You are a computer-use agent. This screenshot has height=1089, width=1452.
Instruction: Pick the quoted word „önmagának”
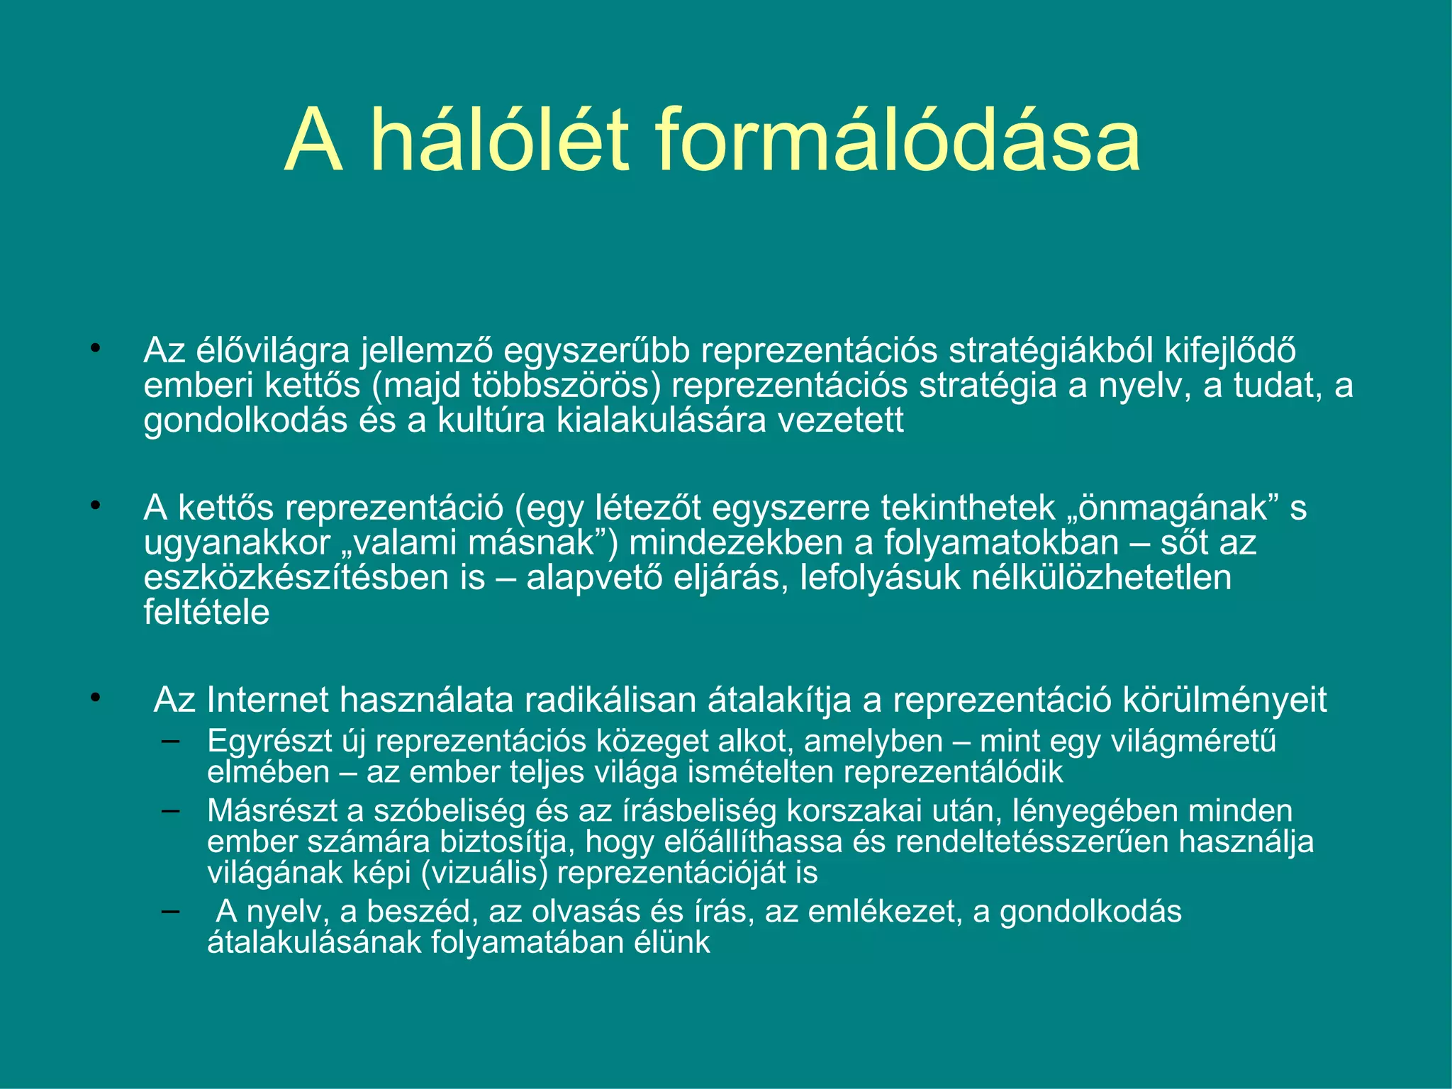[1183, 508]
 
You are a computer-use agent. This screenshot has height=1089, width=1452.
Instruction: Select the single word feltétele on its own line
[206, 613]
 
